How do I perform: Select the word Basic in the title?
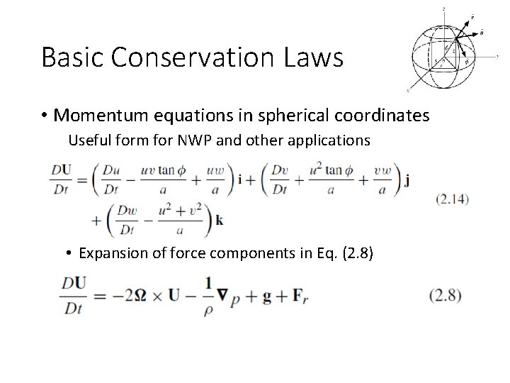tap(71, 57)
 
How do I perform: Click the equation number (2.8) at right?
tap(446, 296)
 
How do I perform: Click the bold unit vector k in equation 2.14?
tap(220, 221)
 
